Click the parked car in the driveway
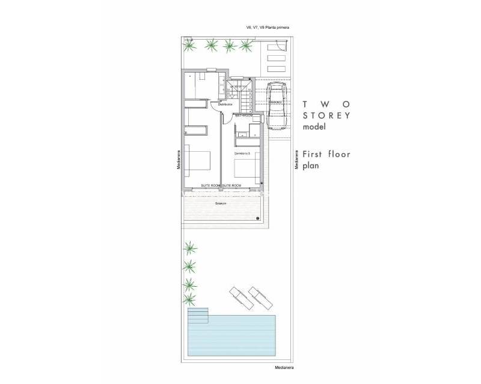click(x=277, y=106)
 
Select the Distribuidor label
click(x=225, y=104)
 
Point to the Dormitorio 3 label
click(x=242, y=154)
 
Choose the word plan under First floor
click(x=312, y=166)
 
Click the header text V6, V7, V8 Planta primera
click(x=269, y=27)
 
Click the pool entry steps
click(x=198, y=316)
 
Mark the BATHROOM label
click(x=244, y=115)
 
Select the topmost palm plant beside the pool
click(x=190, y=247)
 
